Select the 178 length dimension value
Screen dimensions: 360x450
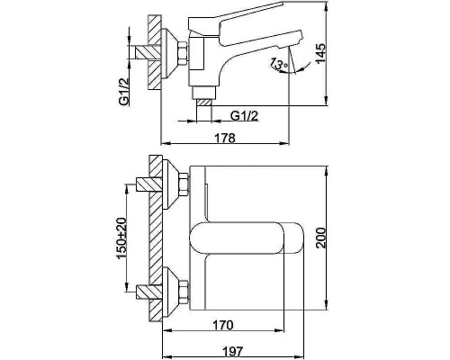pos(226,138)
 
